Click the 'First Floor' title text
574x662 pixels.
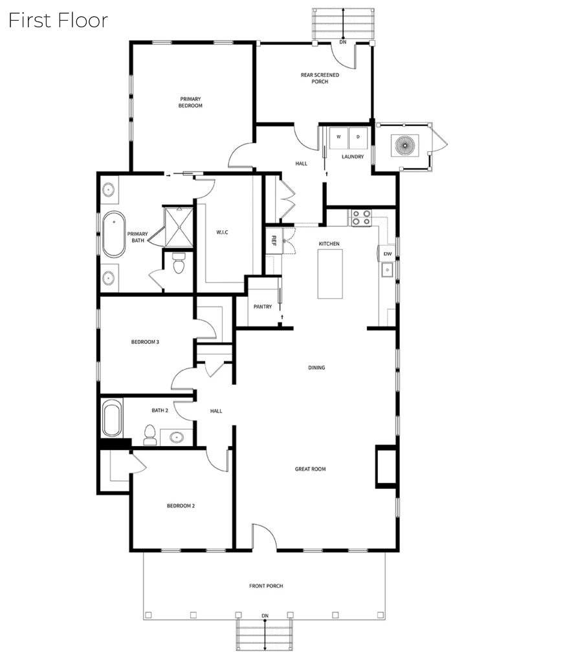coord(58,20)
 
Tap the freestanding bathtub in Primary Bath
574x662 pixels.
coord(114,234)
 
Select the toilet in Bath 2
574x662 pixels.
coord(150,435)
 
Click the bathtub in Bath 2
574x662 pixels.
coord(112,418)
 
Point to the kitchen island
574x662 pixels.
coord(330,274)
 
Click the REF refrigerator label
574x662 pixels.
coord(274,240)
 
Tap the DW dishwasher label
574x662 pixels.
coord(388,254)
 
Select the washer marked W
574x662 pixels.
coord(338,137)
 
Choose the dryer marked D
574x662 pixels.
coord(358,137)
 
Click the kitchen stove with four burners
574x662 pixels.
coord(361,218)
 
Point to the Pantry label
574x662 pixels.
coord(263,306)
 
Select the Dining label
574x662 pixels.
coord(316,367)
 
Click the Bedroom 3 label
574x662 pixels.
coord(145,341)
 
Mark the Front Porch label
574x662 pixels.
coord(266,586)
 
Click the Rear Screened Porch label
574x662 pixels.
coord(320,78)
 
